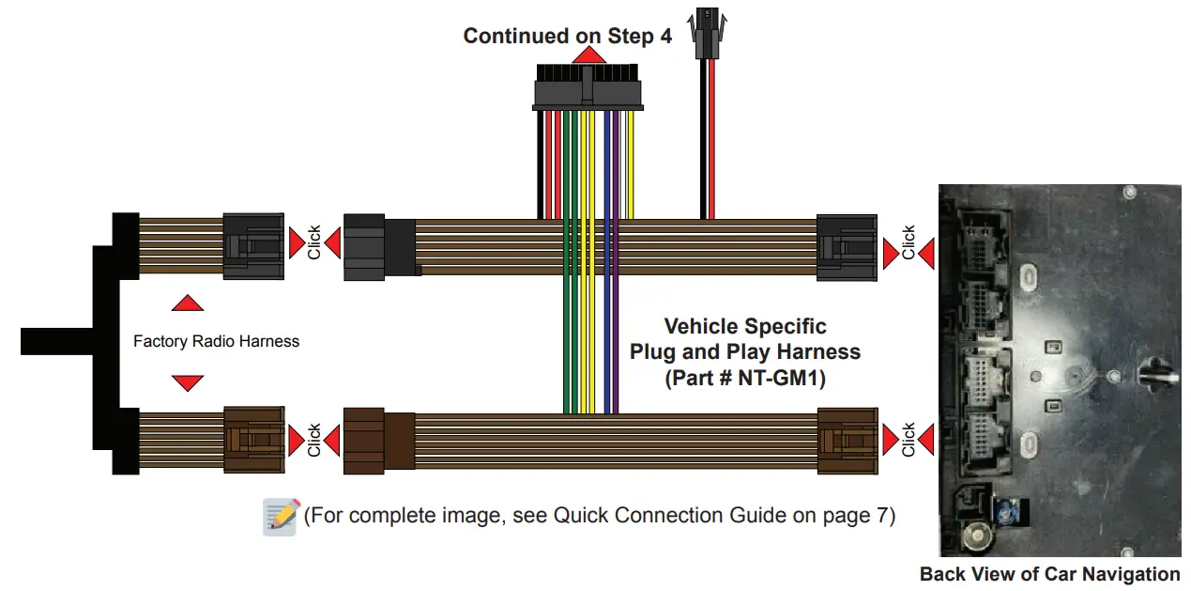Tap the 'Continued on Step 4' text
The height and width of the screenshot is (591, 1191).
click(567, 37)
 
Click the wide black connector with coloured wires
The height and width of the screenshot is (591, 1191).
click(588, 90)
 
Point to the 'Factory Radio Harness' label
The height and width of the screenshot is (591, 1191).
click(216, 341)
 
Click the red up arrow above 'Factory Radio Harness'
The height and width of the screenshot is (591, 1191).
click(188, 303)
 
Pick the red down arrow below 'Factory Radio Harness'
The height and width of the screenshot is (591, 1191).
click(188, 382)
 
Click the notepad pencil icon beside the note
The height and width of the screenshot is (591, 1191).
click(282, 517)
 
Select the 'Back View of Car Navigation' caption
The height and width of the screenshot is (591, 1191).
click(1049, 574)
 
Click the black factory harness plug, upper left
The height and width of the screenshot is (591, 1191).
click(252, 245)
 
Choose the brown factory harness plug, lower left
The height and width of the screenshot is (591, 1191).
click(253, 439)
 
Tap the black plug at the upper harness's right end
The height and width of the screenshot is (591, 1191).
click(847, 247)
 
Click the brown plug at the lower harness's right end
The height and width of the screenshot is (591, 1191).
click(847, 440)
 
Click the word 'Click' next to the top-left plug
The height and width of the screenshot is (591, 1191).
click(314, 242)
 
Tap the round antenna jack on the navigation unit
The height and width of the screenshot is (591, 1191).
click(978, 537)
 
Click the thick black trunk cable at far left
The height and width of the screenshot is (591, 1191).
click(56, 342)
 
